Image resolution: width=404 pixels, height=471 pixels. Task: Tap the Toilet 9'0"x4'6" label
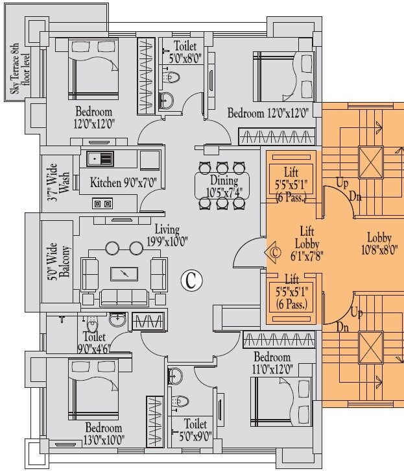(x=95, y=342)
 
